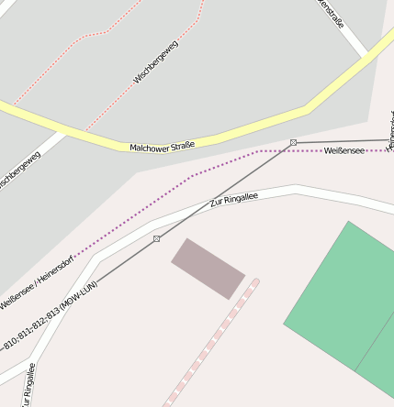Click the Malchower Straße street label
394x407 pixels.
[163, 146]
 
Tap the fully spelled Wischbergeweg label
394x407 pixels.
[156, 62]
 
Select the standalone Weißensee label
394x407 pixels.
[344, 150]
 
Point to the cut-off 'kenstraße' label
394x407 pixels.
[331, 13]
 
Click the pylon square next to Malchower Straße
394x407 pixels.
[293, 142]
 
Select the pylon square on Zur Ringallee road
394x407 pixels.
[157, 238]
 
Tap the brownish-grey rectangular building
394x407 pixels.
[208, 269]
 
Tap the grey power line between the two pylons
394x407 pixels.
[225, 190]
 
